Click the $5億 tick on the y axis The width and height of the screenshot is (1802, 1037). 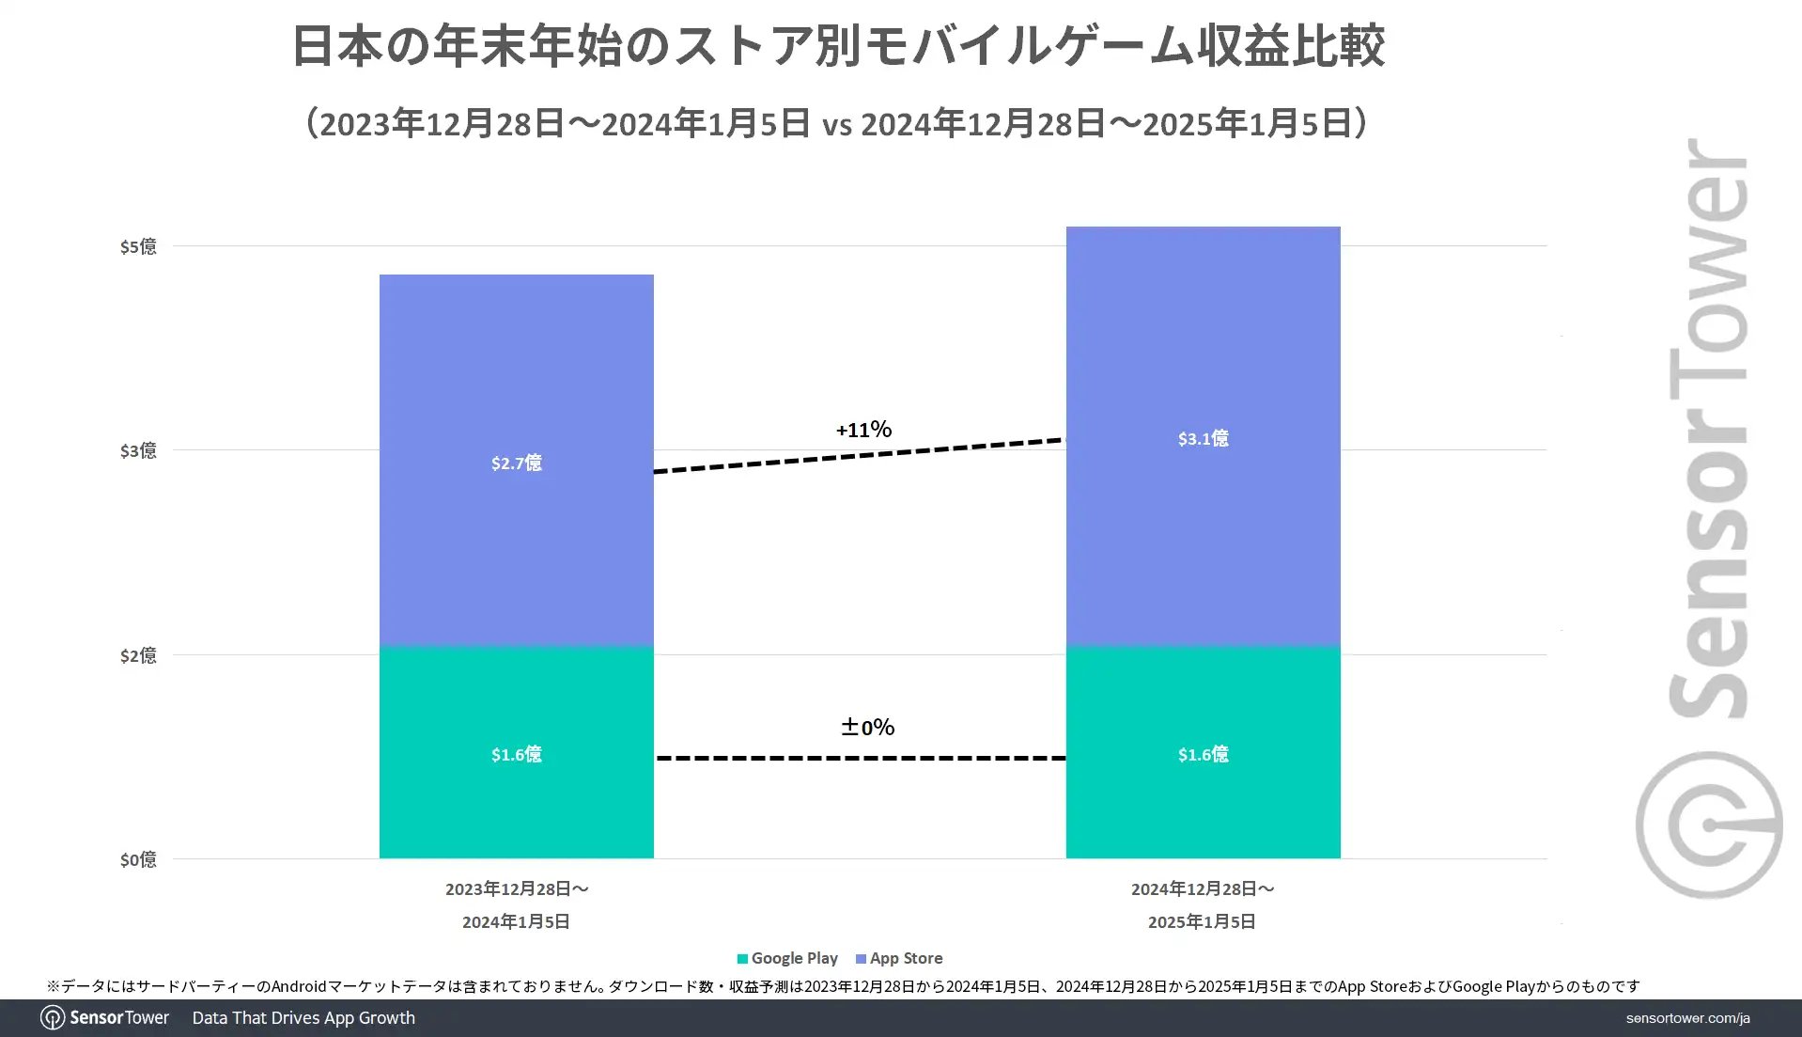[x=138, y=246]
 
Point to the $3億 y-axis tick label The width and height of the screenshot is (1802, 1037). [x=138, y=450]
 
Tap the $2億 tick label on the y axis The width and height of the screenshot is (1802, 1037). [x=138, y=655]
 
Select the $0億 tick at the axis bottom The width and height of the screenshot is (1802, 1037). [x=138, y=859]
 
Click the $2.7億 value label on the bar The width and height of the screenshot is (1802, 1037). [x=516, y=463]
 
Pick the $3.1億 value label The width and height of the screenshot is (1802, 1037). [x=1203, y=438]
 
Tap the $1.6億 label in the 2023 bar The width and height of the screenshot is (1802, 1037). [x=516, y=754]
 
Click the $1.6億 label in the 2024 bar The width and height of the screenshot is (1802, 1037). [x=1203, y=754]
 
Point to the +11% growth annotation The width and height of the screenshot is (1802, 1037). [x=863, y=430]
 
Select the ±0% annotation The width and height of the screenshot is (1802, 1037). [x=867, y=727]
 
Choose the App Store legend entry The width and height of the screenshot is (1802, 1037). [x=899, y=958]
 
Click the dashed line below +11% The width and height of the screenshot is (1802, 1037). [x=860, y=456]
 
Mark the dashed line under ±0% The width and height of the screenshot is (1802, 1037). [x=861, y=758]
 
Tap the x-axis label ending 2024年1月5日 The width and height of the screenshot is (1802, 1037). [x=516, y=904]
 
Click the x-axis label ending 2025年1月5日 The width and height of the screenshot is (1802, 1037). [x=1202, y=904]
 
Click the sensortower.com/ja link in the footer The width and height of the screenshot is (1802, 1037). [x=1687, y=1018]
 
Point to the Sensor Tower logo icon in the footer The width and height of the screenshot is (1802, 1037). [x=53, y=1018]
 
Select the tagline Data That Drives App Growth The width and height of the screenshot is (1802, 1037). [x=303, y=1018]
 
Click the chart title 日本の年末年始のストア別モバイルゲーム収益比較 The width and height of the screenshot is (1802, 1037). [x=838, y=45]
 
